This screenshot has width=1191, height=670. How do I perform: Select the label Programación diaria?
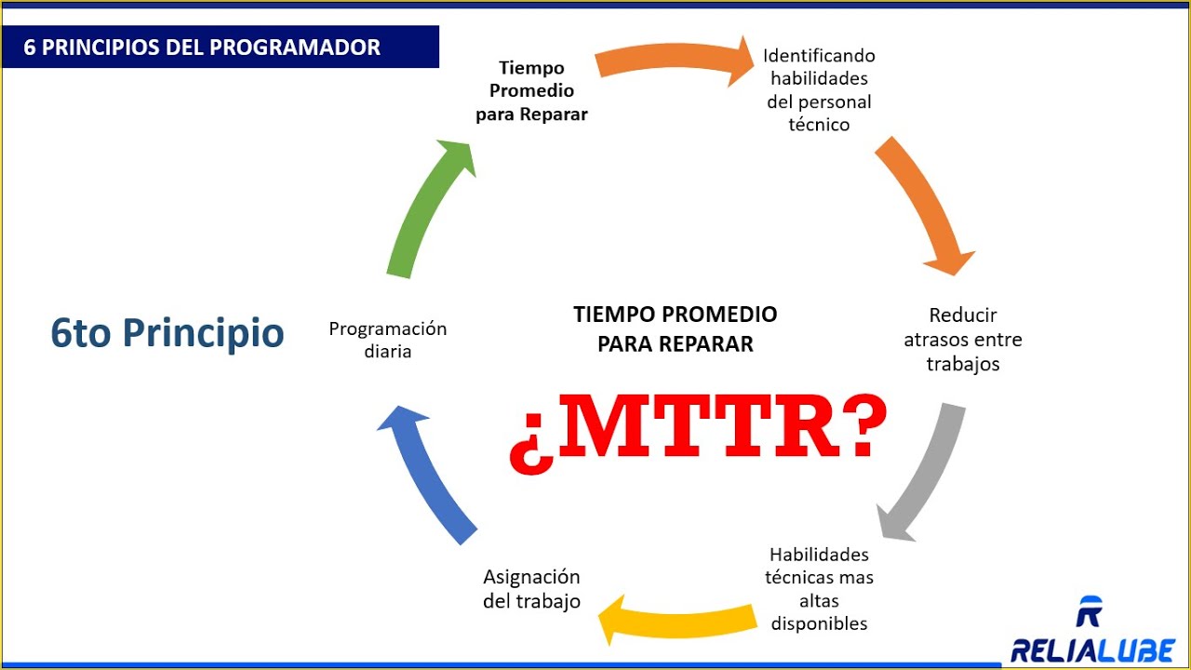tap(388, 340)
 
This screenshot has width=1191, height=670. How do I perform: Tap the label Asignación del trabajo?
tap(531, 589)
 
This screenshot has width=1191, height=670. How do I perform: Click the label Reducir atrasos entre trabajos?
tap(963, 340)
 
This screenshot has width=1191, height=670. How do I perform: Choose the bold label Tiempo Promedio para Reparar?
tap(531, 91)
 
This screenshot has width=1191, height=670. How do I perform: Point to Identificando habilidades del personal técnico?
tap(819, 90)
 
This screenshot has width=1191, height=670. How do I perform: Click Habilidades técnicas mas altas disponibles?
tap(819, 589)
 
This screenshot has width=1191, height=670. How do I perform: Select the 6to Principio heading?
tap(167, 333)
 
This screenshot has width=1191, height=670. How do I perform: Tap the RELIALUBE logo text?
tap(1092, 650)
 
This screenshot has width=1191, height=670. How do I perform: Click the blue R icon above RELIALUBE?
tap(1089, 612)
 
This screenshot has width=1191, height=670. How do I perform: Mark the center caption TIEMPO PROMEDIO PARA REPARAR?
tap(675, 328)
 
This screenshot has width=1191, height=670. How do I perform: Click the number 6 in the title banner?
tap(31, 47)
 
